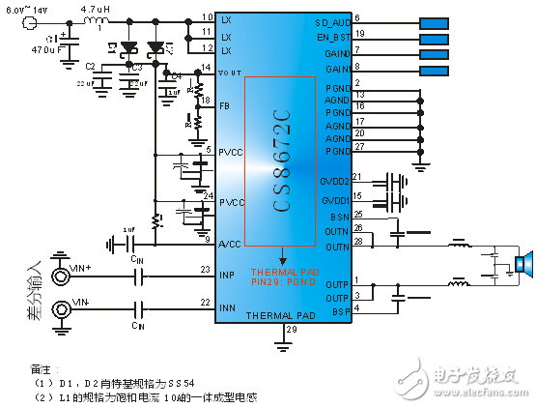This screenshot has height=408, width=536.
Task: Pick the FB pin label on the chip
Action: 225,104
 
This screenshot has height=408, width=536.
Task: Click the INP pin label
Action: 228,275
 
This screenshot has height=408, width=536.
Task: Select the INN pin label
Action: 228,308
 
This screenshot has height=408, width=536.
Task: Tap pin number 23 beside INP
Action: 204,269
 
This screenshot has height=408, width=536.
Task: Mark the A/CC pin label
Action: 229,242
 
